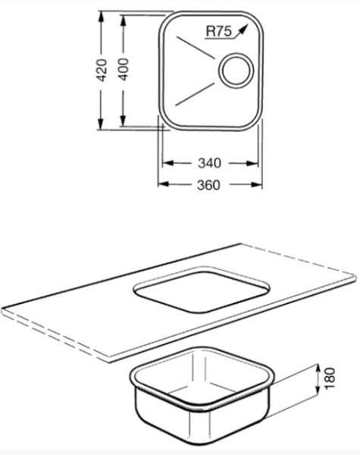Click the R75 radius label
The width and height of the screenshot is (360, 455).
pyautogui.click(x=219, y=31)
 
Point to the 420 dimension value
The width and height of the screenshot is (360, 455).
pyautogui.click(x=102, y=70)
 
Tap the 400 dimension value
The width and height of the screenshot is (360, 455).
pyautogui.click(x=124, y=69)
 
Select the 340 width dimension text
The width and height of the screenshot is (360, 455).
pyautogui.click(x=209, y=163)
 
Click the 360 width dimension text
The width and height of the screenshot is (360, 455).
pyautogui.click(x=208, y=185)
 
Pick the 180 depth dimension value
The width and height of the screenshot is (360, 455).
pyautogui.click(x=330, y=378)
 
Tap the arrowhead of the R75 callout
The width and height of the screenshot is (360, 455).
pyautogui.click(x=244, y=28)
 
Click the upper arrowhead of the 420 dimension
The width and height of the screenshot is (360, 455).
pyautogui.click(x=101, y=17)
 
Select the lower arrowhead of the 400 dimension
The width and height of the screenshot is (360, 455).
pyautogui.click(x=123, y=121)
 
